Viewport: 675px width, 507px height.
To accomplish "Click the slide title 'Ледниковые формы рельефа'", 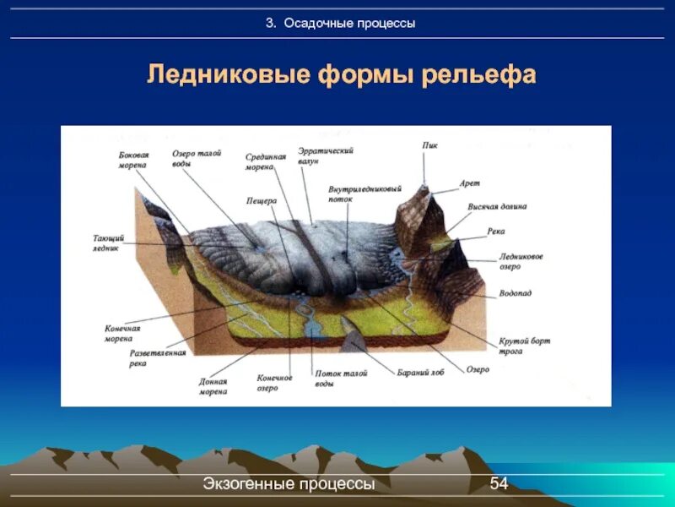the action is click(x=342, y=74).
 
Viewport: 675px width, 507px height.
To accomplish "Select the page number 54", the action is click(x=499, y=483).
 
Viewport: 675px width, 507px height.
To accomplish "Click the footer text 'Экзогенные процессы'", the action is click(x=289, y=483).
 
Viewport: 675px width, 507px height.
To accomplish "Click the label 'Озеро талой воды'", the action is click(x=197, y=158).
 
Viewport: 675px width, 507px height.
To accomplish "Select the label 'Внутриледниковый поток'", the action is click(x=364, y=194).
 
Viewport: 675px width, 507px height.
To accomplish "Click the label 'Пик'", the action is click(x=429, y=144).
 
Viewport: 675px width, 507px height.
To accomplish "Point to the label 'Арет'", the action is click(x=469, y=183).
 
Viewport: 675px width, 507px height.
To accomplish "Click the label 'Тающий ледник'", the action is click(x=107, y=244).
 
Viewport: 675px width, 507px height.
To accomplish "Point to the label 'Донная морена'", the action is click(x=213, y=386).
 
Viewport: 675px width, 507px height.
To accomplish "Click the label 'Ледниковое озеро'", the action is click(x=521, y=260).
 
